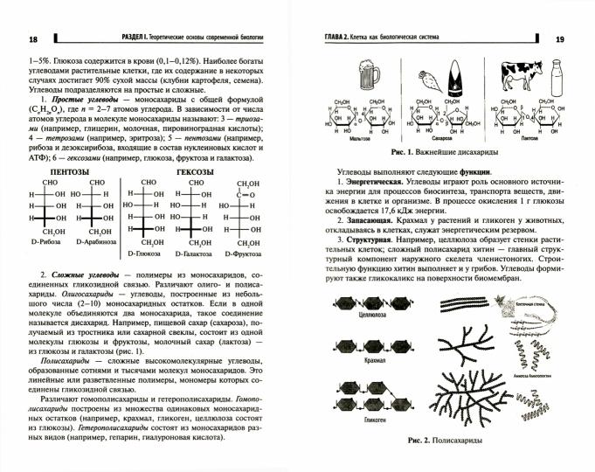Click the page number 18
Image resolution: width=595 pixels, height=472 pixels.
[x=33, y=40]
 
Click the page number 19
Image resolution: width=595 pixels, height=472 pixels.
[x=560, y=40]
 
